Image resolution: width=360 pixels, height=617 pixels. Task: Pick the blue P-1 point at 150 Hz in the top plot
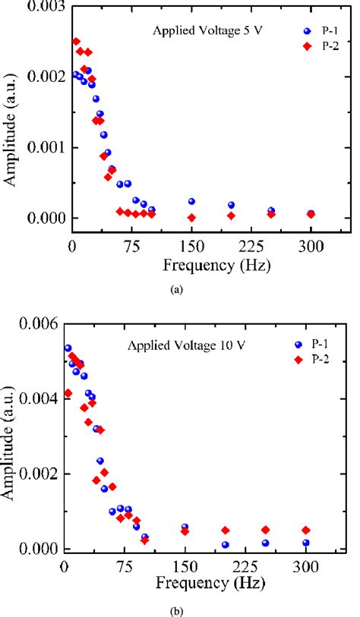[x=191, y=201]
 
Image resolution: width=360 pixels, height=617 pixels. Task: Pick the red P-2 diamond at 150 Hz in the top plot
[x=191, y=218]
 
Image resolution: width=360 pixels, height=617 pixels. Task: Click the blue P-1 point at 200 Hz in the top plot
[x=231, y=205]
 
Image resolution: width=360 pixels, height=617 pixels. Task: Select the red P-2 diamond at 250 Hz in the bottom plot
[x=266, y=530]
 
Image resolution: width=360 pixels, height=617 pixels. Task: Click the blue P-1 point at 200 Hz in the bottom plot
[x=226, y=544]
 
